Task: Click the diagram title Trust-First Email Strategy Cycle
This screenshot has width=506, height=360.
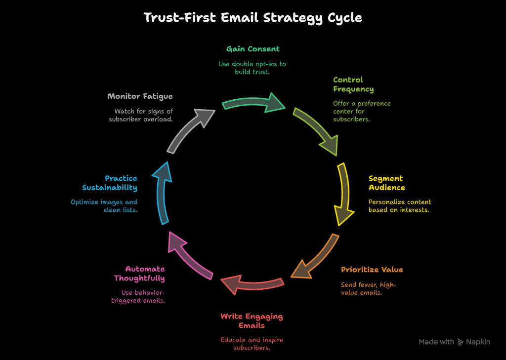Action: coord(253,18)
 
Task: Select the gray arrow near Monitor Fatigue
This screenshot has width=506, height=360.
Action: coord(190,129)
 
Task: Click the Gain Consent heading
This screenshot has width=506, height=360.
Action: coord(253,49)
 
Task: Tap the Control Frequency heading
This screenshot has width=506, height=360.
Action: coord(353,84)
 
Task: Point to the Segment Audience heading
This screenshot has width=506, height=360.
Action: coord(386,183)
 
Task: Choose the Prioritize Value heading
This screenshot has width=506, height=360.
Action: coord(372,270)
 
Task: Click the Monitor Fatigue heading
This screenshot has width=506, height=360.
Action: coord(140,96)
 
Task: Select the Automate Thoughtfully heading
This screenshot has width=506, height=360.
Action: coord(140,274)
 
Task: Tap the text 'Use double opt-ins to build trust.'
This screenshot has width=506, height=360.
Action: coord(253,68)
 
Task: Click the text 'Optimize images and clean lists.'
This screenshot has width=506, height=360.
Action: coord(104,206)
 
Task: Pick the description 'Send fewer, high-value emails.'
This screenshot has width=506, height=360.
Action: coord(369,288)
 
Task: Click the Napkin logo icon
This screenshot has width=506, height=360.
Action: coord(461,342)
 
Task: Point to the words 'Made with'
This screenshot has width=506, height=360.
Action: coord(436,342)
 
